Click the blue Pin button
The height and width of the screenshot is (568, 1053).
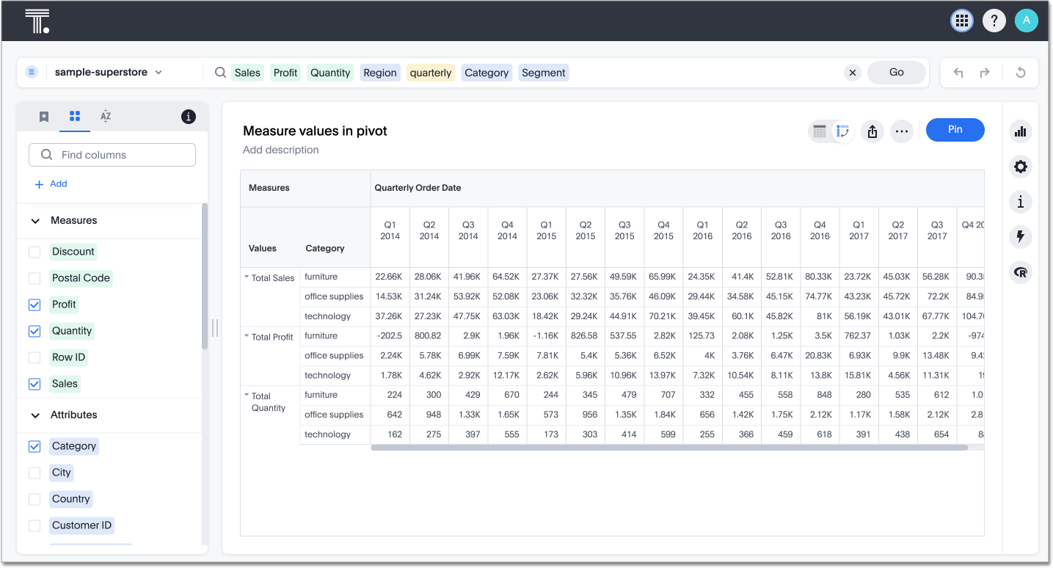tap(955, 130)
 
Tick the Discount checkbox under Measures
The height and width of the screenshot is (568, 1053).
tap(34, 252)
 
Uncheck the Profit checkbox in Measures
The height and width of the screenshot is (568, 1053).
tap(34, 305)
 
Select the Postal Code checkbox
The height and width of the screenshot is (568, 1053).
tap(34, 278)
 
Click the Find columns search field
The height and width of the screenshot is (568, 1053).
tap(112, 155)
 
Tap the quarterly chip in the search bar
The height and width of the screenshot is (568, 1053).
tap(431, 73)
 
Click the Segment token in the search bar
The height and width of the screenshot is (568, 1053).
tap(543, 73)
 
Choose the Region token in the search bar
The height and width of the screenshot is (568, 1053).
tap(379, 73)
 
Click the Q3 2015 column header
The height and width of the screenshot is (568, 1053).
tap(624, 230)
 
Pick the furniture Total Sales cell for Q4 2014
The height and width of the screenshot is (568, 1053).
tap(507, 277)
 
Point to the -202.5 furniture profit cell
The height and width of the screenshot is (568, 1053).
tap(390, 335)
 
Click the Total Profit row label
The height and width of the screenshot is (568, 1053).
tap(272, 337)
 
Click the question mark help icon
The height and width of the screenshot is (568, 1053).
tap(994, 21)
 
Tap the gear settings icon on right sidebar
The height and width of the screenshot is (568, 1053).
tap(1020, 167)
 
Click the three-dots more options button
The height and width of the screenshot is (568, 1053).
tap(902, 131)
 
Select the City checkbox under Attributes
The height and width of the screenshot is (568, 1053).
tap(34, 473)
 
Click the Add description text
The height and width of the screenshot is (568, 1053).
tap(280, 150)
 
